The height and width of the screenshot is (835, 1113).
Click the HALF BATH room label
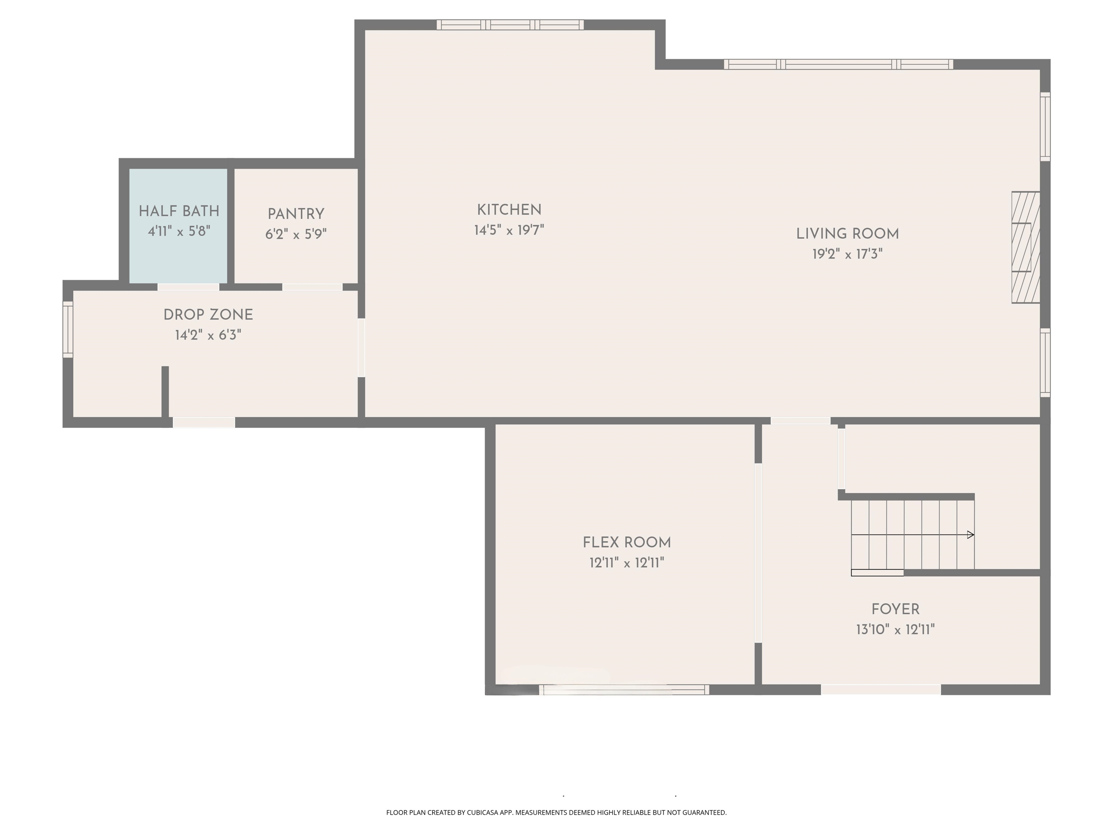point(179,211)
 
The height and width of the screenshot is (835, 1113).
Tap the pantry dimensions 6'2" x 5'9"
point(296,234)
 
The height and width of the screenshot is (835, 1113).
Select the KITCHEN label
point(509,210)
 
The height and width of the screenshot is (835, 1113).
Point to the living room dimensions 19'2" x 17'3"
point(847,254)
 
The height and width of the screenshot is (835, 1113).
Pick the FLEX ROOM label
point(626,543)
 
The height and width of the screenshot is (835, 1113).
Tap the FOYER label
point(895,610)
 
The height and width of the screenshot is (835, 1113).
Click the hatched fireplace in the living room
point(1025,248)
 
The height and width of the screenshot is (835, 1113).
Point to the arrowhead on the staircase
point(971,535)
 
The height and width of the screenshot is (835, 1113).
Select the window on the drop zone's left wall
point(67,329)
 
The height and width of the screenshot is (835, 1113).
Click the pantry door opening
point(312,287)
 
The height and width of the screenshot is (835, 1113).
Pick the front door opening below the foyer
point(881,690)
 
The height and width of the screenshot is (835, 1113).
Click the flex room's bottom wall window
point(624,690)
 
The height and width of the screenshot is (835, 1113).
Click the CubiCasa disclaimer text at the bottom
point(556,813)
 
